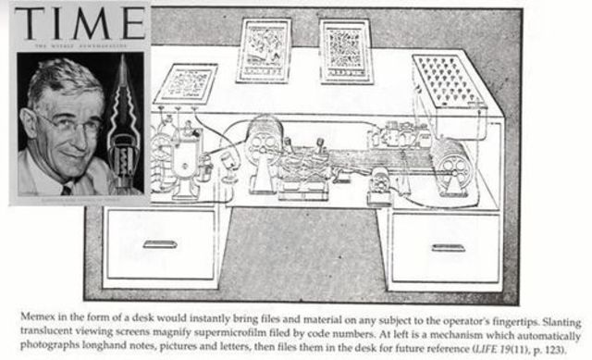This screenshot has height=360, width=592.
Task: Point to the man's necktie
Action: [68, 189]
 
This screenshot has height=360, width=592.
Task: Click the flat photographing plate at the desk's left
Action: [185, 84]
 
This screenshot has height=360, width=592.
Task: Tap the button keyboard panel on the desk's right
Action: [450, 81]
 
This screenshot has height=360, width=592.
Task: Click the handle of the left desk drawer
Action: [160, 244]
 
